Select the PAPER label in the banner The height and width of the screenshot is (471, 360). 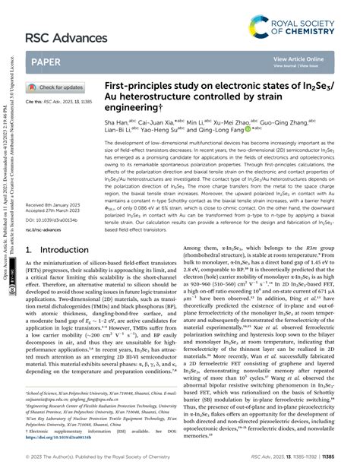click(x=46, y=62)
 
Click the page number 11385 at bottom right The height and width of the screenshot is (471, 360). click(x=342, y=458)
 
